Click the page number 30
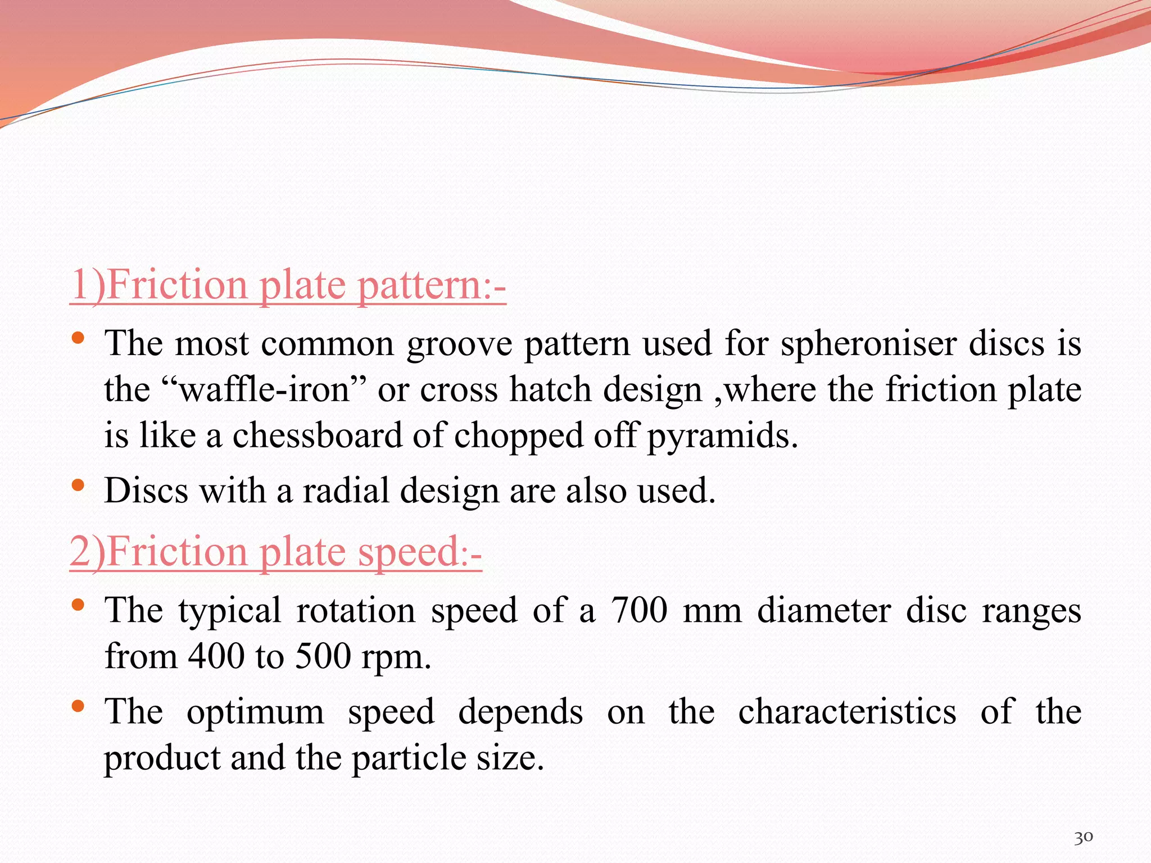[x=1083, y=838]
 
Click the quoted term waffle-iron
[x=264, y=389]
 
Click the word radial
[x=346, y=490]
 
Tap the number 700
[x=639, y=610]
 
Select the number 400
[x=216, y=656]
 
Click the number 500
[x=323, y=656]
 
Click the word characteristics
[x=847, y=712]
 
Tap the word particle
[x=409, y=758]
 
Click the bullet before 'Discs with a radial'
[x=78, y=484]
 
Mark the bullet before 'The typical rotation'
[x=78, y=605]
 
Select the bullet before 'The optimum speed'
[x=78, y=706]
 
